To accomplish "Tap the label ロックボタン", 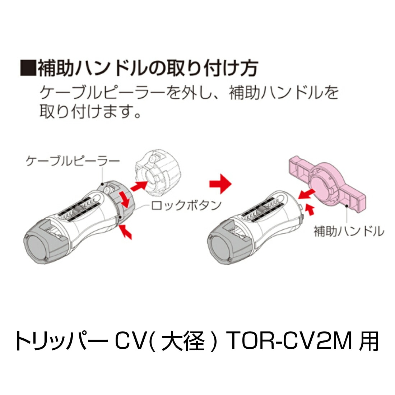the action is [x=186, y=205].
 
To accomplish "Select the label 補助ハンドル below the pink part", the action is [x=349, y=231].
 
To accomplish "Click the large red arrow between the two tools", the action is [x=220, y=183].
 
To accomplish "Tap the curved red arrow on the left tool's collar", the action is [x=125, y=200].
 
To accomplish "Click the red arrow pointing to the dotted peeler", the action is [x=139, y=186].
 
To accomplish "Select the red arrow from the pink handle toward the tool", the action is [x=306, y=194].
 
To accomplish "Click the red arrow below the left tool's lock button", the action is [x=126, y=232].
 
